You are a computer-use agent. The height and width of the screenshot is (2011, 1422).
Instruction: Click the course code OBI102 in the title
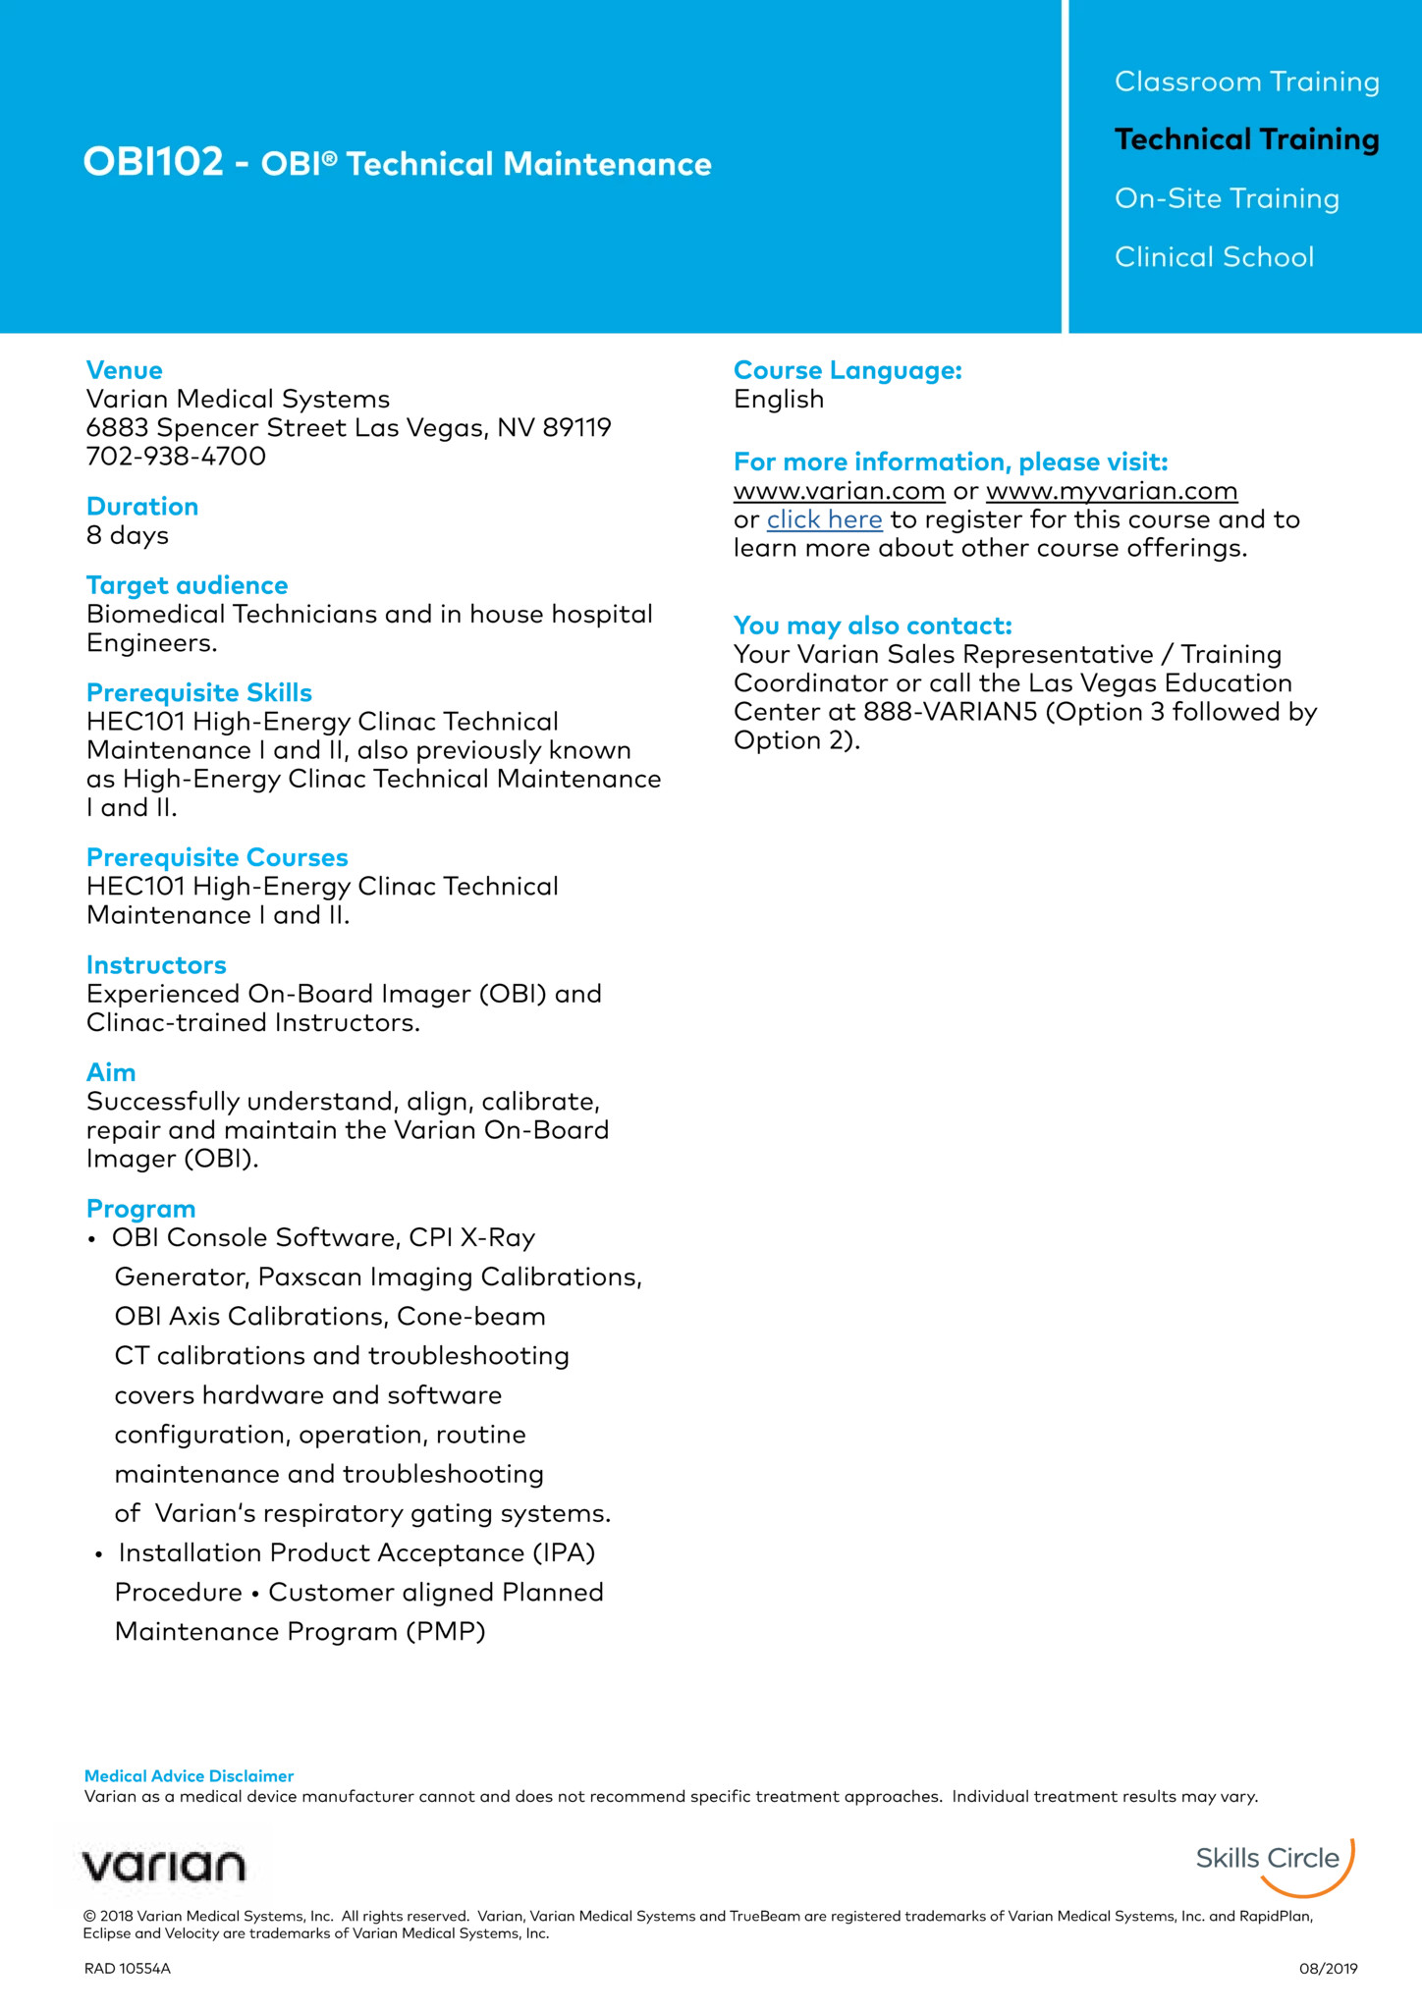(x=153, y=162)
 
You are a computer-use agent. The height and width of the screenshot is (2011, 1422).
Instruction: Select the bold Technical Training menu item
(x=1246, y=139)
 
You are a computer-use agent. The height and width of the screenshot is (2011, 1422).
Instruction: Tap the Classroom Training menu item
(x=1246, y=82)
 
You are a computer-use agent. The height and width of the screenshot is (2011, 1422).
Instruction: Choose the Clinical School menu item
(x=1214, y=257)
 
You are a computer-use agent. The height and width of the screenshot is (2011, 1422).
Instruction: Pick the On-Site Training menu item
(x=1227, y=198)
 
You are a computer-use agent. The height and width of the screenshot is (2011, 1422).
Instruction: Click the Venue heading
(x=125, y=370)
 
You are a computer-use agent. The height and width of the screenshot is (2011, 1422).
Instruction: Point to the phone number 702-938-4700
(x=176, y=457)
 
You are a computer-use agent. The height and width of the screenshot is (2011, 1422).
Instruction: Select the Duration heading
(x=142, y=507)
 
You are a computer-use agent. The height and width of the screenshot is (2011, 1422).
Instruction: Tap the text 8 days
(x=128, y=535)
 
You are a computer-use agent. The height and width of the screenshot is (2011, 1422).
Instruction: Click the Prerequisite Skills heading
(x=199, y=693)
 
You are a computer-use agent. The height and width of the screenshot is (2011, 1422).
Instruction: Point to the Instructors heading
(x=156, y=965)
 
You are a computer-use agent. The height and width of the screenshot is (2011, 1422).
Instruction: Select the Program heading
(x=141, y=1209)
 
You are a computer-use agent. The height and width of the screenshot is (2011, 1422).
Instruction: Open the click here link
(x=824, y=519)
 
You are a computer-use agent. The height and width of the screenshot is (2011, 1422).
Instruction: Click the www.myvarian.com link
(x=1112, y=491)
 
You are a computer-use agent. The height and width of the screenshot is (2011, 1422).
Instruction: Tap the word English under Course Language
(x=779, y=400)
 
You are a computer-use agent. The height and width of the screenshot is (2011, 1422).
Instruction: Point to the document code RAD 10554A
(x=128, y=1969)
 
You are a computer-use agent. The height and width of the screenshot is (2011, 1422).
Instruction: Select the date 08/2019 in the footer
(x=1328, y=1969)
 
